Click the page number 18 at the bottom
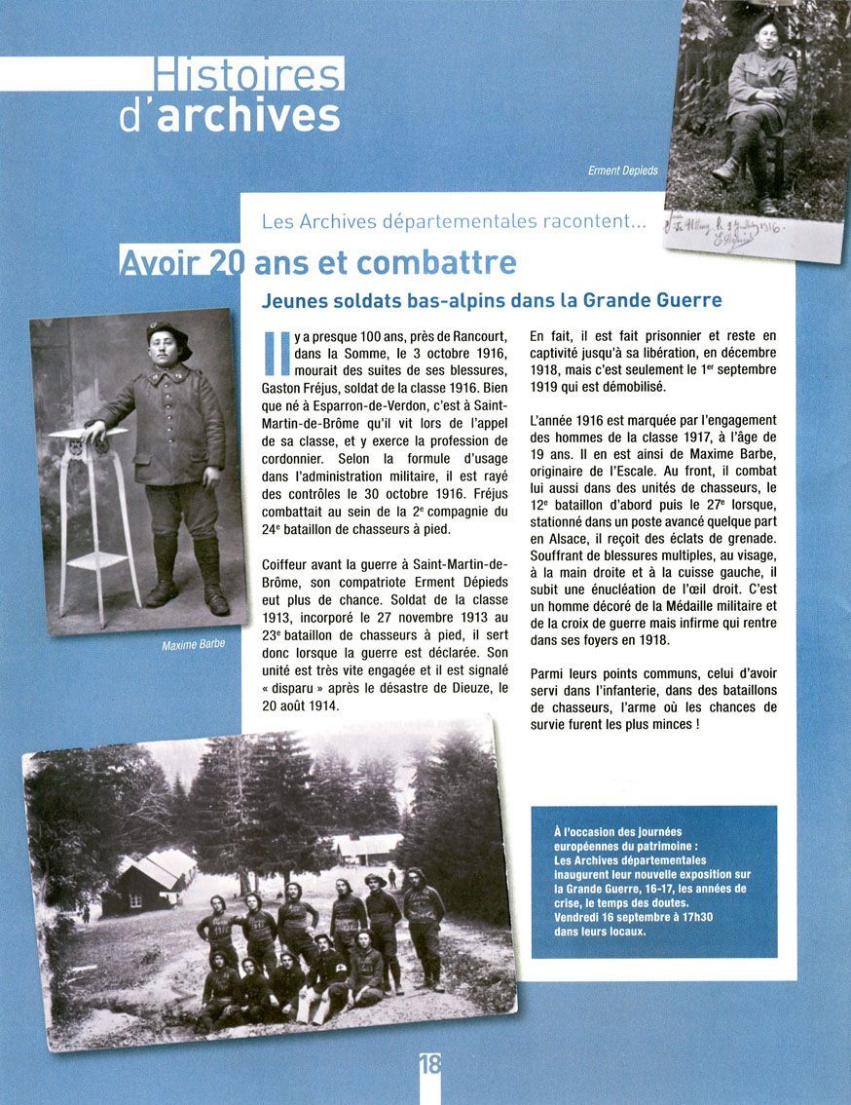click(x=429, y=1064)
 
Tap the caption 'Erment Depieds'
click(x=623, y=171)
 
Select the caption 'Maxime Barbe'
click(x=193, y=644)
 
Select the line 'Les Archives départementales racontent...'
click(x=454, y=222)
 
